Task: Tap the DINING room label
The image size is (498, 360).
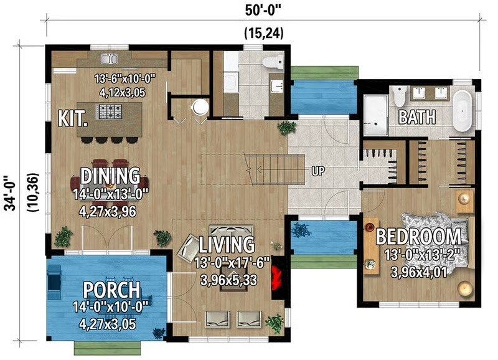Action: [x=110, y=176]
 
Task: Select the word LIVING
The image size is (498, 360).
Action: [x=227, y=244]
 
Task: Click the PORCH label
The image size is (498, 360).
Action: [x=111, y=290]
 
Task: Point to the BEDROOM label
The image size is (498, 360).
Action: [x=418, y=237]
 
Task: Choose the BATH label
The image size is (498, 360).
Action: [x=417, y=117]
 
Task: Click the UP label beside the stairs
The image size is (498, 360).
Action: [x=318, y=171]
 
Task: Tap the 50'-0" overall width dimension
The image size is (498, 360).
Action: [x=263, y=10]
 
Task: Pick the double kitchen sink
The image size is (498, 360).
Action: [x=110, y=59]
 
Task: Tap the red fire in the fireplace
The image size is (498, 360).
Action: [x=276, y=277]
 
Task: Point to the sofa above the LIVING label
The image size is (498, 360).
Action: [x=231, y=230]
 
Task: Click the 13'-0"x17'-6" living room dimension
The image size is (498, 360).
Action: [x=232, y=263]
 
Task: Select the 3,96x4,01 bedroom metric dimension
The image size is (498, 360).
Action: [x=418, y=272]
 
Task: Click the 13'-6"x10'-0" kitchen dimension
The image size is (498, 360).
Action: [x=125, y=78]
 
